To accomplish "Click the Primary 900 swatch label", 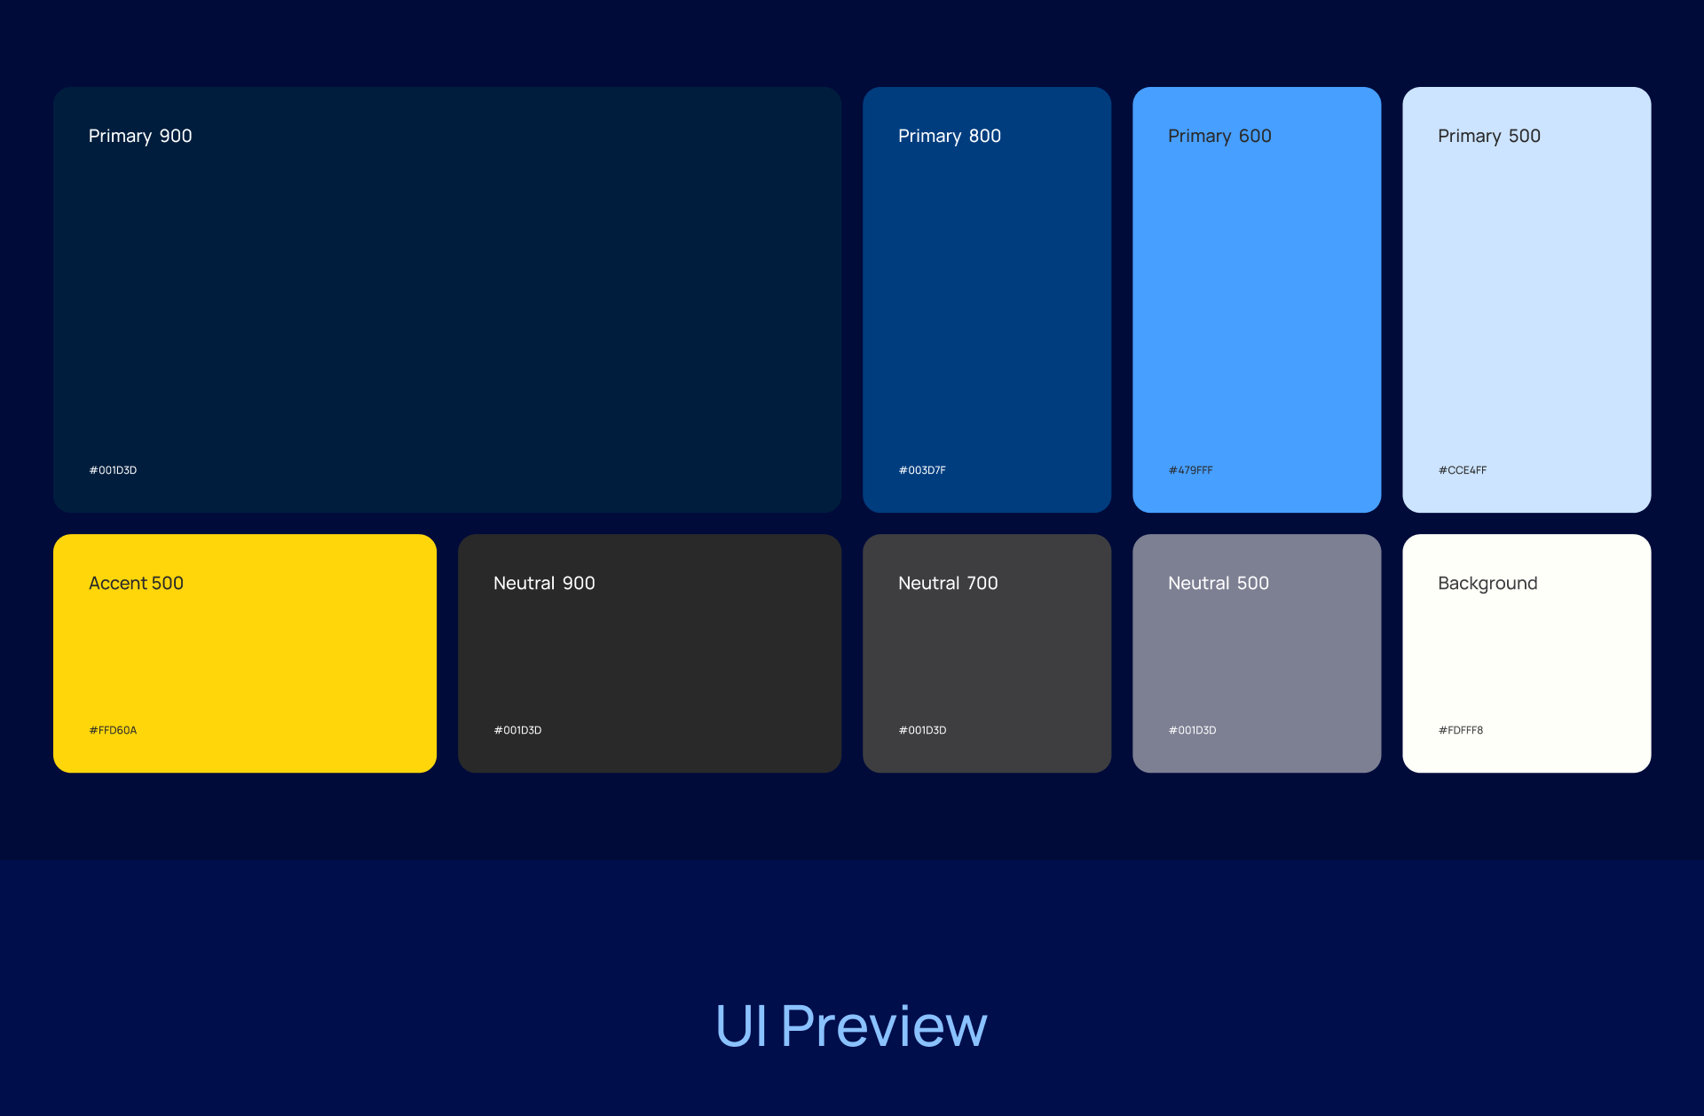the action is [140, 137].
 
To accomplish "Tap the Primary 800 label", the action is [950, 137].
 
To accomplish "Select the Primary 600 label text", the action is [1219, 137].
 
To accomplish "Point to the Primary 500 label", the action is [1489, 137].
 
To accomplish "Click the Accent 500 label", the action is [136, 583].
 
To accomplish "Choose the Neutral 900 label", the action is [544, 583].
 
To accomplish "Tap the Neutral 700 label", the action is [948, 583].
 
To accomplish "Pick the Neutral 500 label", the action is [1219, 583].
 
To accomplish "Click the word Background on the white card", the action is [1487, 584].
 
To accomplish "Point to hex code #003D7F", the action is [922, 470].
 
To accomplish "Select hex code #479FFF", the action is [1190, 470].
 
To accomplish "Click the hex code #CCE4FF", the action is [1463, 470].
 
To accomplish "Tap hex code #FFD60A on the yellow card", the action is [113, 730].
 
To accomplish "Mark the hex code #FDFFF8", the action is [1461, 730].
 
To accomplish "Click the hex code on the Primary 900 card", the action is [113, 470].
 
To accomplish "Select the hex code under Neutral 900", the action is [517, 730].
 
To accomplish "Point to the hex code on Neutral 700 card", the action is [922, 730].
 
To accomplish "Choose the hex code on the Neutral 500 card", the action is [1192, 730].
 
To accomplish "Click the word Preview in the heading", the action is [884, 1026].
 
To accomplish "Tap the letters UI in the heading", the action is [741, 1026].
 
